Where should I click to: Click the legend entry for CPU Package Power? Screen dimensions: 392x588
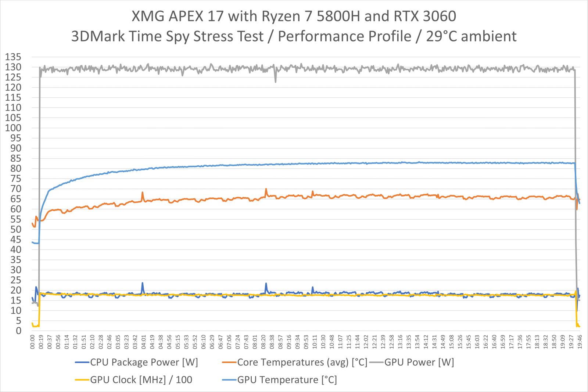tap(144, 362)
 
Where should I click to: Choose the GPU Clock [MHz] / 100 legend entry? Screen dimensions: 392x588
tap(141, 380)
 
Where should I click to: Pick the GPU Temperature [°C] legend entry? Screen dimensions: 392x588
tap(287, 380)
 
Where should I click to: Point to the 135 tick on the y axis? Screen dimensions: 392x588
tap(13, 57)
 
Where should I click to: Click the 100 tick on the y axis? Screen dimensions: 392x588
tap(13, 128)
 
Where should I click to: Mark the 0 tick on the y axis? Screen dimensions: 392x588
tap(18, 331)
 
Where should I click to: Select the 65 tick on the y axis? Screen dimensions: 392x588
tap(16, 199)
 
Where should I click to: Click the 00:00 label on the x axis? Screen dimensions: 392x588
tap(33, 342)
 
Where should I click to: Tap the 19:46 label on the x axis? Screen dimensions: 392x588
tap(580, 342)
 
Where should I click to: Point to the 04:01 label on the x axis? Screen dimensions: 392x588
tap(144, 342)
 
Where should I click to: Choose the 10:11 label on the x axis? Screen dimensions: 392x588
tap(315, 342)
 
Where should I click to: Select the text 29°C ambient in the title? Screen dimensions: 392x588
tap(471, 36)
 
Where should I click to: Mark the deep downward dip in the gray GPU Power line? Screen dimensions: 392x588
tap(276, 81)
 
